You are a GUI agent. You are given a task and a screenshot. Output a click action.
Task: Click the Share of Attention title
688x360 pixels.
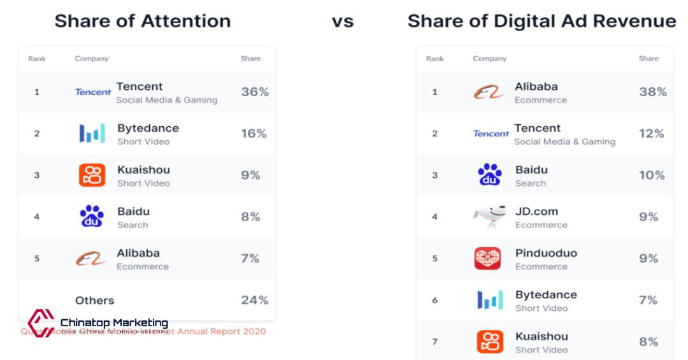(143, 21)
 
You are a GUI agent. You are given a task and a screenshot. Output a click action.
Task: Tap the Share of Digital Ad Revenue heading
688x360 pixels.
(541, 21)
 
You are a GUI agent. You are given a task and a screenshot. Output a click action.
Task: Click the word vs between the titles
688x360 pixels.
(343, 22)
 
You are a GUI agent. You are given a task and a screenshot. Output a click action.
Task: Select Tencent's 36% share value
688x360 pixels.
(255, 92)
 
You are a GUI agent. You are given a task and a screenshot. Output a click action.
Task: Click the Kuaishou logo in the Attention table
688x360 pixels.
(92, 175)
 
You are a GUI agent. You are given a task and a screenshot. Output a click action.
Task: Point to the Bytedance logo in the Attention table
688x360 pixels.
(92, 134)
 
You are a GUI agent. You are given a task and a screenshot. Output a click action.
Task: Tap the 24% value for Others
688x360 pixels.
(255, 300)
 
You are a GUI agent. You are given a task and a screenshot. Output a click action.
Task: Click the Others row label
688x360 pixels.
(95, 301)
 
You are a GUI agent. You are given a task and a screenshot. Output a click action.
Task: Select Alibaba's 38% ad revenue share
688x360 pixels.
(653, 92)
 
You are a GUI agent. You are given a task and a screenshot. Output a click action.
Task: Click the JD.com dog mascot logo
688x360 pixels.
(489, 217)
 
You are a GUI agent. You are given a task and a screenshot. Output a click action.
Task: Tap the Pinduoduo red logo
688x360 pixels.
(488, 259)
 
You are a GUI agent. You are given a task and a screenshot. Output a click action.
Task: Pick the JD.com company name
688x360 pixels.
(536, 212)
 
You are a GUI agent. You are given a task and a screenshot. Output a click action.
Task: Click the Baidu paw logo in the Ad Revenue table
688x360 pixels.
(490, 175)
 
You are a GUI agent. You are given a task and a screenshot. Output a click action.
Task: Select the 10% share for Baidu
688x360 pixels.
(652, 175)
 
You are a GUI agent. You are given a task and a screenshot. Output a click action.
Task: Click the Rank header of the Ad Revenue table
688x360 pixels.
(435, 59)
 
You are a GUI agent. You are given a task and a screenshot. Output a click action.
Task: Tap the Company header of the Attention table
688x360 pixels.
(92, 59)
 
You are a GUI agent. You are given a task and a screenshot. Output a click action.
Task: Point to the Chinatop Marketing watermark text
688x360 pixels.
(114, 323)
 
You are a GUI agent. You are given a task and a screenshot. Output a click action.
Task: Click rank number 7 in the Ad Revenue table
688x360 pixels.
(435, 342)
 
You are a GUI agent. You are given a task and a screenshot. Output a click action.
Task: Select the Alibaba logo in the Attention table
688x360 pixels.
(91, 259)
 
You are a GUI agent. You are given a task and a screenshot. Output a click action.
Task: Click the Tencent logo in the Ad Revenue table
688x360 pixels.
(491, 134)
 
